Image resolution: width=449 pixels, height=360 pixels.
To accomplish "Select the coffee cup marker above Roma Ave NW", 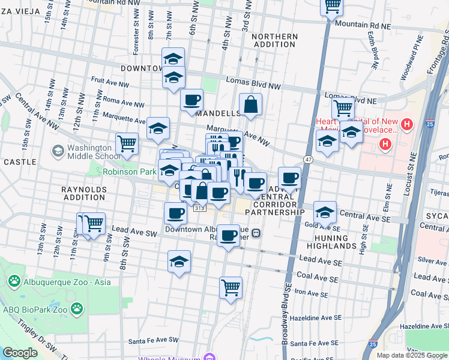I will pos(191,100).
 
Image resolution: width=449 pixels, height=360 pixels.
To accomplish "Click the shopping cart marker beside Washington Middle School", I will pos(127,144).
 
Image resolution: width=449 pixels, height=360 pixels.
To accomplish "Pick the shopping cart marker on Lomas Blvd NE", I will pos(343,108).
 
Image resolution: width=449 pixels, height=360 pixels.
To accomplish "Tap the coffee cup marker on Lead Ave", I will pos(228,235).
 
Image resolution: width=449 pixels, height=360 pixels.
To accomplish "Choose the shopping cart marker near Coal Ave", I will pos(231,288).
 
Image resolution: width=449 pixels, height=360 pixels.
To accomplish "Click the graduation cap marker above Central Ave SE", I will pos(325,212).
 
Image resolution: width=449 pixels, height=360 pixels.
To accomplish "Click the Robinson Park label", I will pos(129,172).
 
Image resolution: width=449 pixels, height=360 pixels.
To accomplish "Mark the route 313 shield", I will pos(200,207).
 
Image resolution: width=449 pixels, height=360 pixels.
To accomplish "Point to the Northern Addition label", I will pos(274,41).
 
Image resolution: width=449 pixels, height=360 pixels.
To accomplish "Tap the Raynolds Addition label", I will pos(84,193).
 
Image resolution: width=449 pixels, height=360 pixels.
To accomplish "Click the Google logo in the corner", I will pos(20,353).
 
